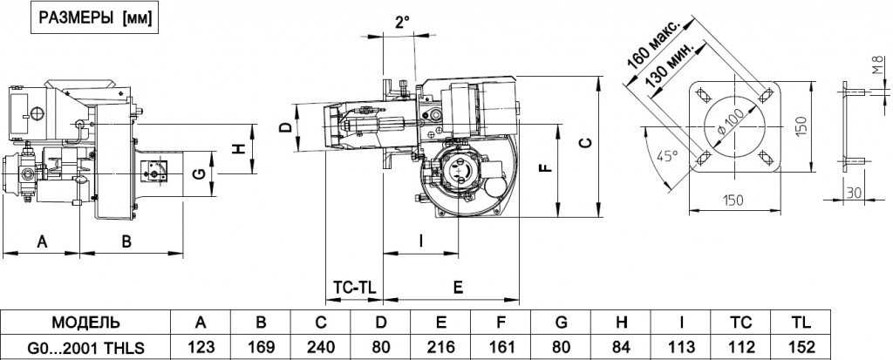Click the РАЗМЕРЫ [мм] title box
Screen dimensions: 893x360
tap(95, 19)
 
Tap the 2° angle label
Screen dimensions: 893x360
tap(402, 22)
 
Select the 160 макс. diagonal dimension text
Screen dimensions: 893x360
tap(653, 44)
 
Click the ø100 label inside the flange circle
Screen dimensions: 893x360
tap(731, 122)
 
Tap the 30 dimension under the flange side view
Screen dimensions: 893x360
tap(853, 192)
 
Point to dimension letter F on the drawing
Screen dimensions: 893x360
tap(545, 166)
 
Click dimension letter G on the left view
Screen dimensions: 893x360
tap(198, 174)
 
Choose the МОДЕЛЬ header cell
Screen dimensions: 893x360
tap(86, 323)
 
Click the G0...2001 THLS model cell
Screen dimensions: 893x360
tap(85, 346)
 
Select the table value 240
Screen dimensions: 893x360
tap(321, 346)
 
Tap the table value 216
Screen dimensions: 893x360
tap(440, 346)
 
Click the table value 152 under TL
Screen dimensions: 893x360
tap(801, 346)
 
